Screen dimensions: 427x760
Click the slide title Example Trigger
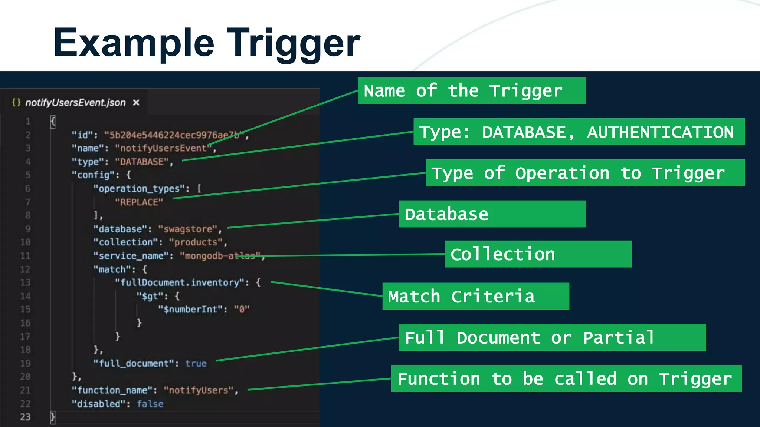click(x=206, y=43)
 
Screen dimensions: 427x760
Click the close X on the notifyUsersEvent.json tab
click(x=136, y=102)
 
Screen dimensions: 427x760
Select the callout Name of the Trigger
click(x=471, y=91)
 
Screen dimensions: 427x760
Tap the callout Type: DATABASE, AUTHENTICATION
click(x=579, y=132)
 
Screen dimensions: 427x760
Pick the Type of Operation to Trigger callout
click(x=584, y=173)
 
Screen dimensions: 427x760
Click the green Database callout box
click(x=492, y=214)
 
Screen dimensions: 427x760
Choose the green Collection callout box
click(x=538, y=254)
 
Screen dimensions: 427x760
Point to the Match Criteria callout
click(x=475, y=297)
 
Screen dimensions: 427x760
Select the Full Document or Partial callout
click(x=552, y=338)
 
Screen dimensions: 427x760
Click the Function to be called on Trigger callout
click(x=566, y=379)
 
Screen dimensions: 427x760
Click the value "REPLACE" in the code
click(x=139, y=202)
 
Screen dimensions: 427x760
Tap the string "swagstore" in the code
click(x=188, y=229)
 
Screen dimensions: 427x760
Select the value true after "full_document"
click(x=196, y=364)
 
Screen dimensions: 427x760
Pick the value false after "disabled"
click(x=150, y=404)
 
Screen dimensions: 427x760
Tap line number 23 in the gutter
click(x=25, y=417)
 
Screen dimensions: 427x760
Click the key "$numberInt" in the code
click(x=190, y=310)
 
